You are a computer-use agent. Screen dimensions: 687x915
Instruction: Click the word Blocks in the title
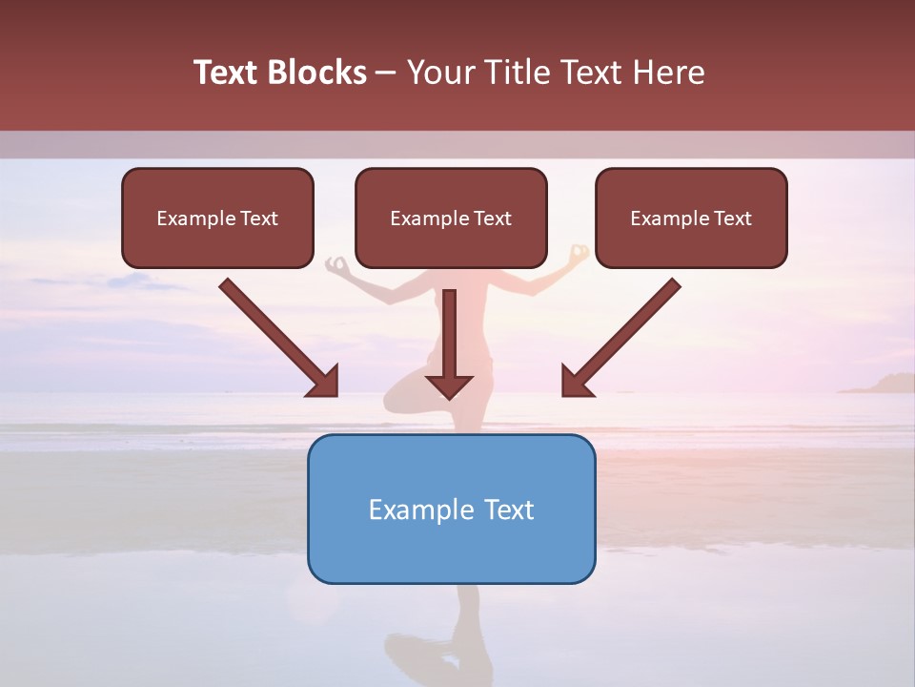pos(316,73)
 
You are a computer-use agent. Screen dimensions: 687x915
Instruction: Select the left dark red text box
pos(217,219)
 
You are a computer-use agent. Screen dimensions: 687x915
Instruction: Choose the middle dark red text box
pos(451,219)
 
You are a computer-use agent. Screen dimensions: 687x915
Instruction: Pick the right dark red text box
pos(691,219)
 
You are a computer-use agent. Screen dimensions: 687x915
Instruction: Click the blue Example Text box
pos(451,509)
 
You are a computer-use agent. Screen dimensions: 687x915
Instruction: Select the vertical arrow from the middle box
pos(449,334)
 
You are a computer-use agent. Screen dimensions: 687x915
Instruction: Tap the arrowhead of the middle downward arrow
pos(449,385)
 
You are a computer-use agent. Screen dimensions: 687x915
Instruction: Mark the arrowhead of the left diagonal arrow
pos(324,382)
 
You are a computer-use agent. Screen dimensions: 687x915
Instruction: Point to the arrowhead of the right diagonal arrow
pos(576,382)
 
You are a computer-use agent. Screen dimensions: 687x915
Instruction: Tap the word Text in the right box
pos(732,219)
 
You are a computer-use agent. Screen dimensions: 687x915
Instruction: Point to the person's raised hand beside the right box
pos(579,254)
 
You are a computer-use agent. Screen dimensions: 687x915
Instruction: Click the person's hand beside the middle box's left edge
pos(337,264)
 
